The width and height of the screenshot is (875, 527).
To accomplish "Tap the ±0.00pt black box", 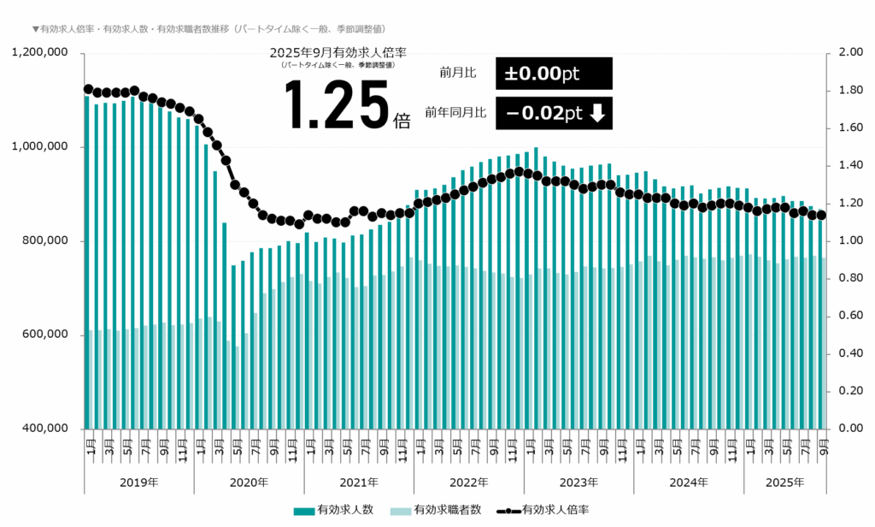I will [x=554, y=74].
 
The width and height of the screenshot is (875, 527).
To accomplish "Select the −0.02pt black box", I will [x=554, y=113].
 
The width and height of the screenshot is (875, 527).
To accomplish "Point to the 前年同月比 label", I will [x=455, y=113].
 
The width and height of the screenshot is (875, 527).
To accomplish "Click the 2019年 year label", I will [x=139, y=483].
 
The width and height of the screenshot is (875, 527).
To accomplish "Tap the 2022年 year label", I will [x=469, y=483].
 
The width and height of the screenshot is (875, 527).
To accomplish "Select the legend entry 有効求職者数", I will [x=447, y=510].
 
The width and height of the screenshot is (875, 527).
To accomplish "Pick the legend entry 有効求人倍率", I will [x=555, y=510].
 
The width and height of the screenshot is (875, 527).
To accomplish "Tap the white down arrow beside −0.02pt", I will [x=597, y=113].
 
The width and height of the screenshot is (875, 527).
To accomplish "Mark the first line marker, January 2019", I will [x=88, y=89].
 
